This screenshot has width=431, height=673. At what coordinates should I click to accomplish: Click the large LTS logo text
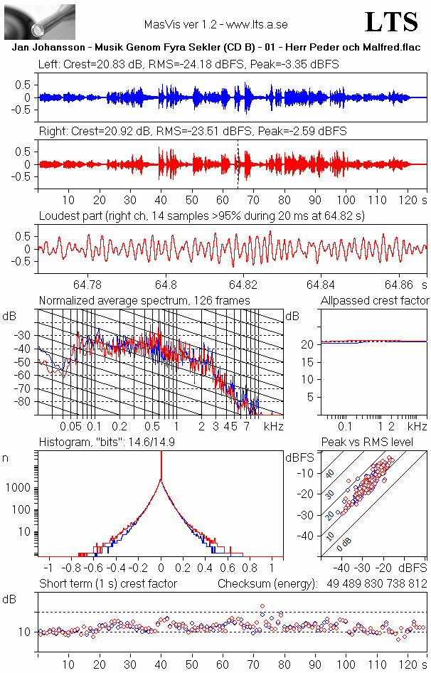(x=391, y=22)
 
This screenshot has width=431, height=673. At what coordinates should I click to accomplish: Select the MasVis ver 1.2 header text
(x=215, y=24)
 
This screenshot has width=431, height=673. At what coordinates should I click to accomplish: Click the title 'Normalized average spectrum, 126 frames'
(x=144, y=300)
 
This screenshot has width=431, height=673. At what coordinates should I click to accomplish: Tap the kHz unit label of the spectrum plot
(x=275, y=426)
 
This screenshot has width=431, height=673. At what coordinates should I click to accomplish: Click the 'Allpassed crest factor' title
(x=375, y=300)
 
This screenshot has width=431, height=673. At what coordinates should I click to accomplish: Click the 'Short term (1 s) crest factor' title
(x=107, y=583)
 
